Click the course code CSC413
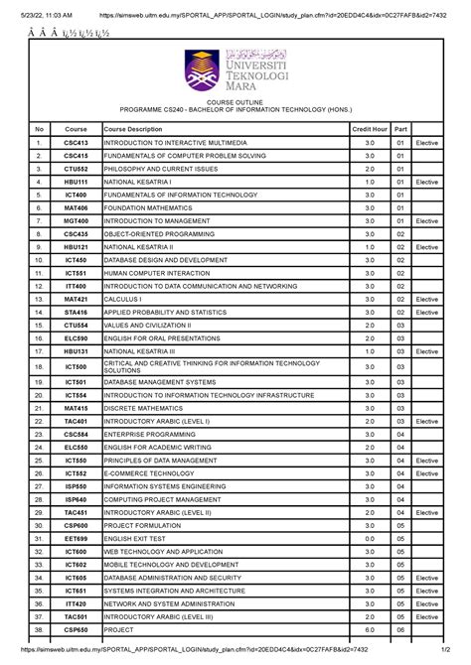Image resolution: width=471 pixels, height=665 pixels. [x=77, y=144]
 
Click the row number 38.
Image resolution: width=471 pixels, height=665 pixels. [x=39, y=629]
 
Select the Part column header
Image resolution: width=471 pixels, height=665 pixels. [x=400, y=130]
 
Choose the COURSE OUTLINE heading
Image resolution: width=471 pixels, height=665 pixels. [x=235, y=103]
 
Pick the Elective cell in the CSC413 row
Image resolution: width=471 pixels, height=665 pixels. [x=427, y=144]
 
